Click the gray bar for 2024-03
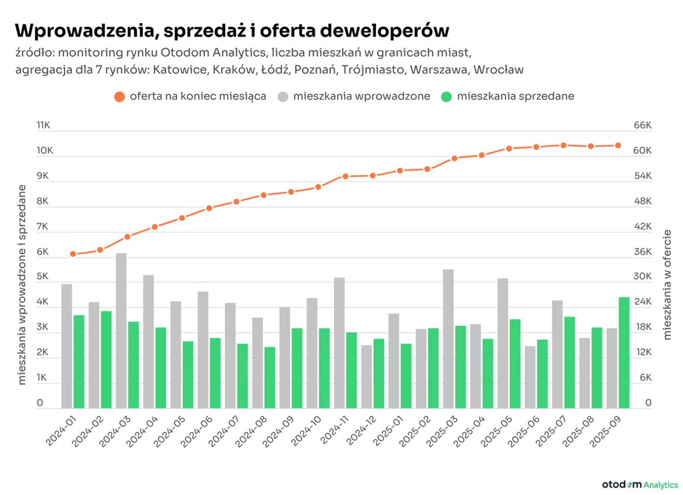click(121, 331)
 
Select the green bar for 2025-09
click(624, 353)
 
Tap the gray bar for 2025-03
click(449, 339)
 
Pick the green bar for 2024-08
click(270, 378)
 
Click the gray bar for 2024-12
click(367, 377)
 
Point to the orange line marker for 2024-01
click(73, 254)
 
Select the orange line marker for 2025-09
click(618, 146)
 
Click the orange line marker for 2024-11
click(345, 176)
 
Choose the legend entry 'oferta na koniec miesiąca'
click(190, 97)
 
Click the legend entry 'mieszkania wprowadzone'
click(354, 97)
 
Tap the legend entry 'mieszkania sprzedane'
click(508, 97)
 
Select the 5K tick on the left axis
click(44, 277)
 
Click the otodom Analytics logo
click(640, 484)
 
